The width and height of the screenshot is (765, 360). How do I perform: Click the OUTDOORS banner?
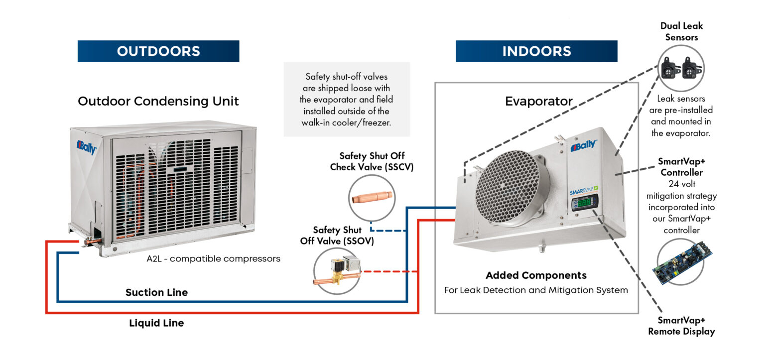[x=158, y=51]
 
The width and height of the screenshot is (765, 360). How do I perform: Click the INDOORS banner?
[x=536, y=51]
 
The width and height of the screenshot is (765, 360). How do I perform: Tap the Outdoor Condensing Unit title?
[x=158, y=102]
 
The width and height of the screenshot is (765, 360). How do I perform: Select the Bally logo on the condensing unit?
[x=86, y=147]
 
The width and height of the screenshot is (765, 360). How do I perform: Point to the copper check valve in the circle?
[x=371, y=198]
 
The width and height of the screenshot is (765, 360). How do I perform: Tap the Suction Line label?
[x=156, y=292]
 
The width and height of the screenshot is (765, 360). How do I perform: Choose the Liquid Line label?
[x=156, y=323]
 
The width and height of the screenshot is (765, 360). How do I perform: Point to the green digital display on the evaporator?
[x=584, y=202]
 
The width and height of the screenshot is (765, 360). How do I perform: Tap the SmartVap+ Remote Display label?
[x=681, y=326]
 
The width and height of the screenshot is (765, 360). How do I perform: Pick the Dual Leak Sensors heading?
[x=681, y=31]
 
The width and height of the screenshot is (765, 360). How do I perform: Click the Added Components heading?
[x=536, y=275]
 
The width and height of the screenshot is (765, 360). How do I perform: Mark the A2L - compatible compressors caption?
[x=213, y=259]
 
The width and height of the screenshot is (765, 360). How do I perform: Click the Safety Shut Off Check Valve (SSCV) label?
[x=372, y=161]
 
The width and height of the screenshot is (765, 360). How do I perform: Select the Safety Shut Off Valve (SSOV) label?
[x=337, y=236]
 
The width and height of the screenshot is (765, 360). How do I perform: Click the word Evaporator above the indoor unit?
[x=538, y=102]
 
